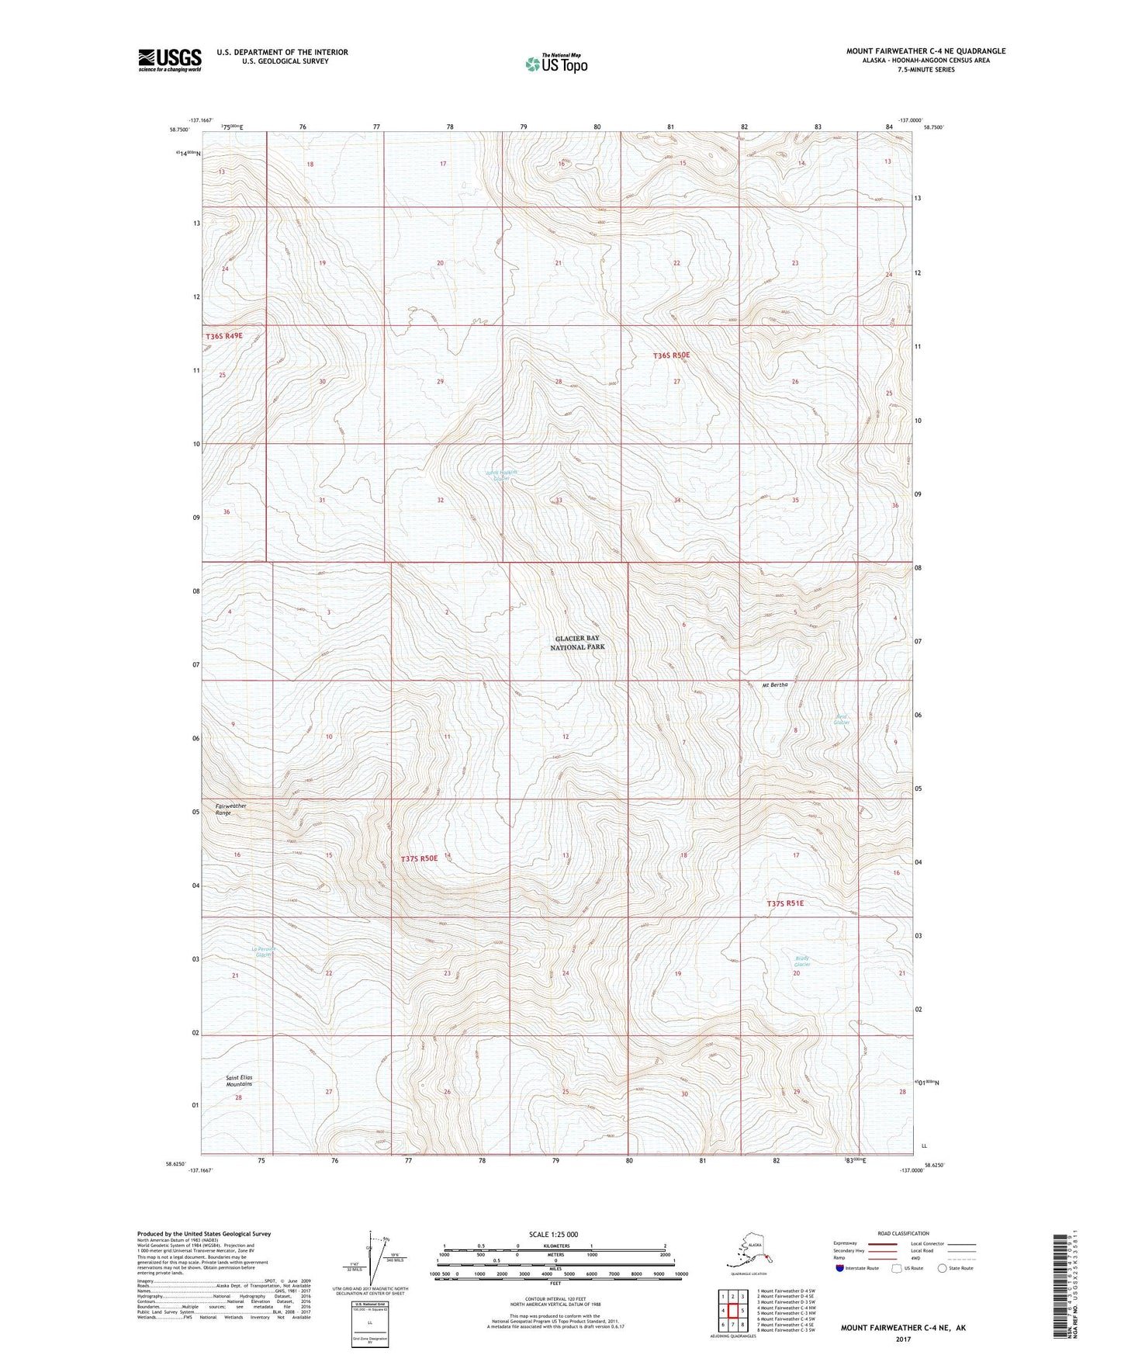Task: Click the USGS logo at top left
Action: click(169, 60)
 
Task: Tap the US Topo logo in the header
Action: click(555, 63)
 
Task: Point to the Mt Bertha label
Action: click(774, 684)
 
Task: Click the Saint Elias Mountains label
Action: click(239, 1080)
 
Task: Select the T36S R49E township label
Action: click(224, 336)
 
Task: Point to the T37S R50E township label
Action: click(420, 858)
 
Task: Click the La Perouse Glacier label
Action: click(264, 951)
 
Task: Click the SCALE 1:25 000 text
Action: click(554, 1234)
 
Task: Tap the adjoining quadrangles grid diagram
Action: click(732, 1312)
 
